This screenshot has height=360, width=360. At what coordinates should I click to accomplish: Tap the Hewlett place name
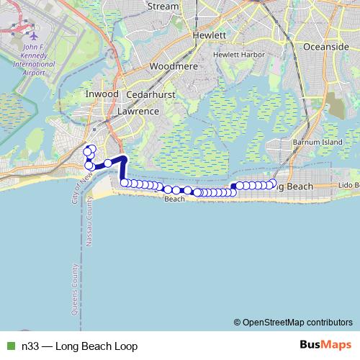[210, 35]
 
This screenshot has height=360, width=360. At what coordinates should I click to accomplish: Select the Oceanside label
[328, 45]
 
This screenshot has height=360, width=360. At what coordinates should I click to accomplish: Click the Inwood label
[101, 94]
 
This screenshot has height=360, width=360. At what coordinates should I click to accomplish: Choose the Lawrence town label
[138, 112]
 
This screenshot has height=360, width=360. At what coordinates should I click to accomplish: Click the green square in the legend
[9, 346]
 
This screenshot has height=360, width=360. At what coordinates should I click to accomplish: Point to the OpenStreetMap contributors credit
[297, 322]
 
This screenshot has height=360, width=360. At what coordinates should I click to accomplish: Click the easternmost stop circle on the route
[272, 184]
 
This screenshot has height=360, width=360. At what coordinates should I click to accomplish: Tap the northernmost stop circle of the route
[91, 148]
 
